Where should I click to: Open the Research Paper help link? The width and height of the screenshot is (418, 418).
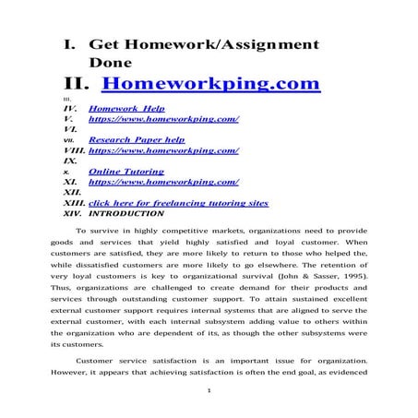pyautogui.click(x=137, y=139)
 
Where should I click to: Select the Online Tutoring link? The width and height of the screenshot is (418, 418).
pyautogui.click(x=126, y=172)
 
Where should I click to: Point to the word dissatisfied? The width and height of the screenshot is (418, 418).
pyautogui.click(x=124, y=261)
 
